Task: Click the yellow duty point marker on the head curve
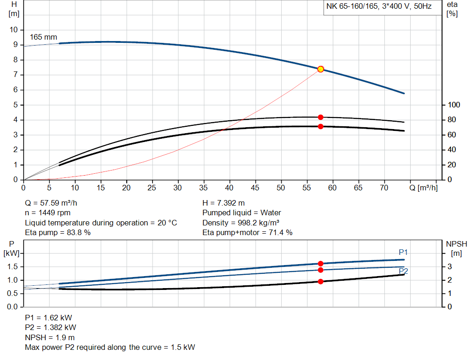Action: click(x=320, y=69)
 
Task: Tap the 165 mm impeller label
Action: click(x=43, y=37)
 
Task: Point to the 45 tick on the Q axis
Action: click(x=255, y=188)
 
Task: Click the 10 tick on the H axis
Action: click(x=13, y=30)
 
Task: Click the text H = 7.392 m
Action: click(x=224, y=203)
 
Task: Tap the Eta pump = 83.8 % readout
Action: click(x=58, y=233)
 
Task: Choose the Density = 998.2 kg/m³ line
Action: click(x=241, y=223)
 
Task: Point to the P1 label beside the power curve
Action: click(x=403, y=252)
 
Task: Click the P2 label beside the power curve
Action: click(x=403, y=271)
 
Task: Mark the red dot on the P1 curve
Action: click(x=320, y=264)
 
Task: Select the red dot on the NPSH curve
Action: click(x=320, y=281)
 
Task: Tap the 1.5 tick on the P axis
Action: click(x=12, y=267)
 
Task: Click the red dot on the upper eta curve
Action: click(x=320, y=117)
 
